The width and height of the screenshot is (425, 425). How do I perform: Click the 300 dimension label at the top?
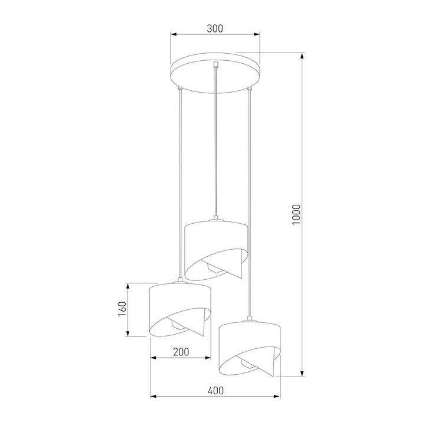point(215,28)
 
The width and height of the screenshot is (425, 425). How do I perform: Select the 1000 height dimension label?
point(296,215)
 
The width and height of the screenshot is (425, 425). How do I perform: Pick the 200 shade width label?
point(181,352)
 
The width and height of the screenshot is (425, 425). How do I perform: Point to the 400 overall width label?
point(215,390)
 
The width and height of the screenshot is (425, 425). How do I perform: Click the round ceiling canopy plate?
point(215,71)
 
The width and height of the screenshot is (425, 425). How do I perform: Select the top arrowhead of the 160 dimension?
point(128,286)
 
